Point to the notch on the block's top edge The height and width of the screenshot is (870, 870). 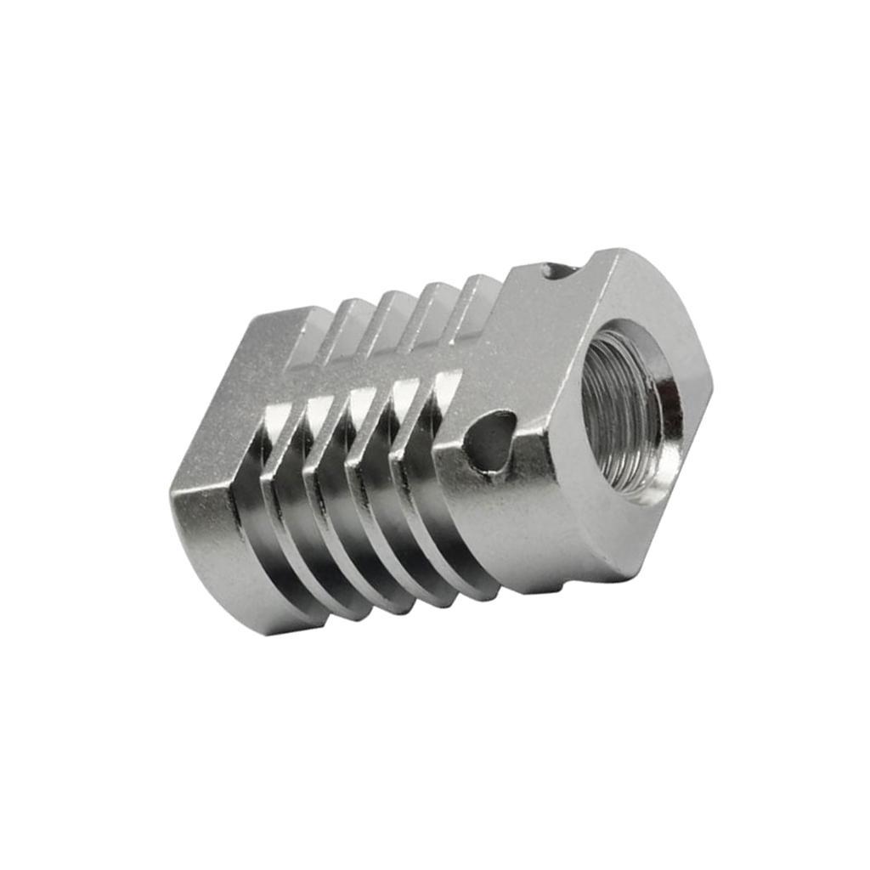click(560, 271)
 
